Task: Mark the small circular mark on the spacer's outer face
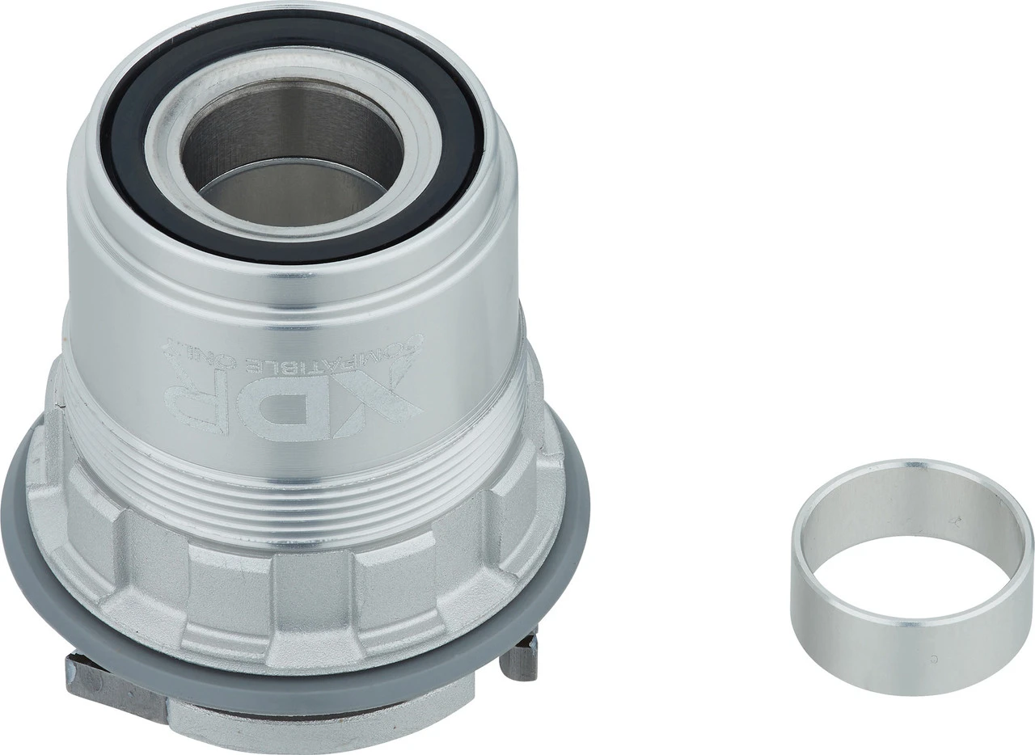[936, 658]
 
